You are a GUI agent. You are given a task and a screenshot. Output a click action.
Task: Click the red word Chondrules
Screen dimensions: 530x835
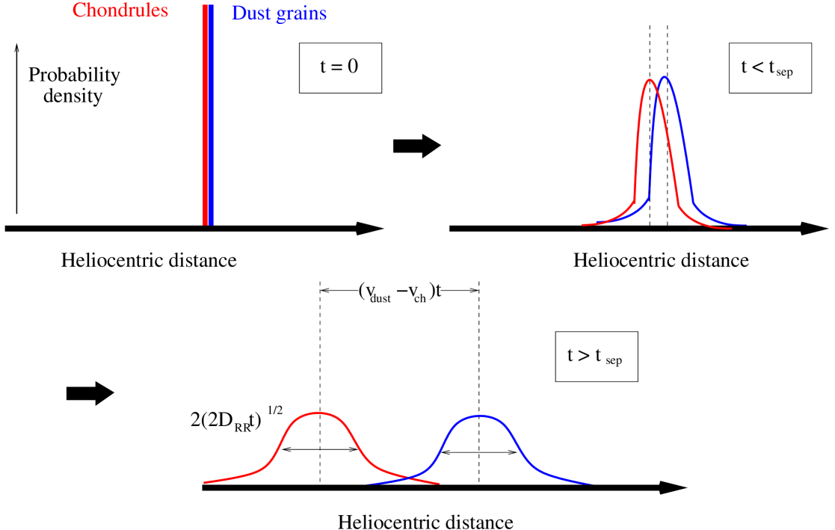click(x=120, y=11)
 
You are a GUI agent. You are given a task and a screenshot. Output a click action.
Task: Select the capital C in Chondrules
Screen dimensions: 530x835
click(x=78, y=11)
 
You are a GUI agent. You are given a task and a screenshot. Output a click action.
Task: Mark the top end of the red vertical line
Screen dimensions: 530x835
click(x=205, y=5)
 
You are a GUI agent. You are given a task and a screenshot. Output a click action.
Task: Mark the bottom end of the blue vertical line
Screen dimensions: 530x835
click(x=211, y=224)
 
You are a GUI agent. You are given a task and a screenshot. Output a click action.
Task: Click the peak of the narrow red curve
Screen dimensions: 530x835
click(x=650, y=79)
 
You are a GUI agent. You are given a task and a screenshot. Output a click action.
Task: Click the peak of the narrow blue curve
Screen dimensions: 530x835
click(x=665, y=77)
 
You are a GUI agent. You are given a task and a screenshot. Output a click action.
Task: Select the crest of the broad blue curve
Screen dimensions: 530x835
click(x=480, y=415)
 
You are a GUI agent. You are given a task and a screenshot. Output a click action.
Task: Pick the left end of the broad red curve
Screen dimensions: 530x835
click(x=205, y=482)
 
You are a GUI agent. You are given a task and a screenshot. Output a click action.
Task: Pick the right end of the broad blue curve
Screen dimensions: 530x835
click(x=593, y=484)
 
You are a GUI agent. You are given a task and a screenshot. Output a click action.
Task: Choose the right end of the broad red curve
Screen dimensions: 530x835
click(x=440, y=483)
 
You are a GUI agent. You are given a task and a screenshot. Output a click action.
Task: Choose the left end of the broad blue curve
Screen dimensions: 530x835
click(x=366, y=484)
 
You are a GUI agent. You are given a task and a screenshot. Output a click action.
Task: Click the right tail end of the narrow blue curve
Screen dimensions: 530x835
click(x=746, y=224)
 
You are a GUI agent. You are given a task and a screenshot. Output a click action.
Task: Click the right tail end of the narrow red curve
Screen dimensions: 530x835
click(x=730, y=228)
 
